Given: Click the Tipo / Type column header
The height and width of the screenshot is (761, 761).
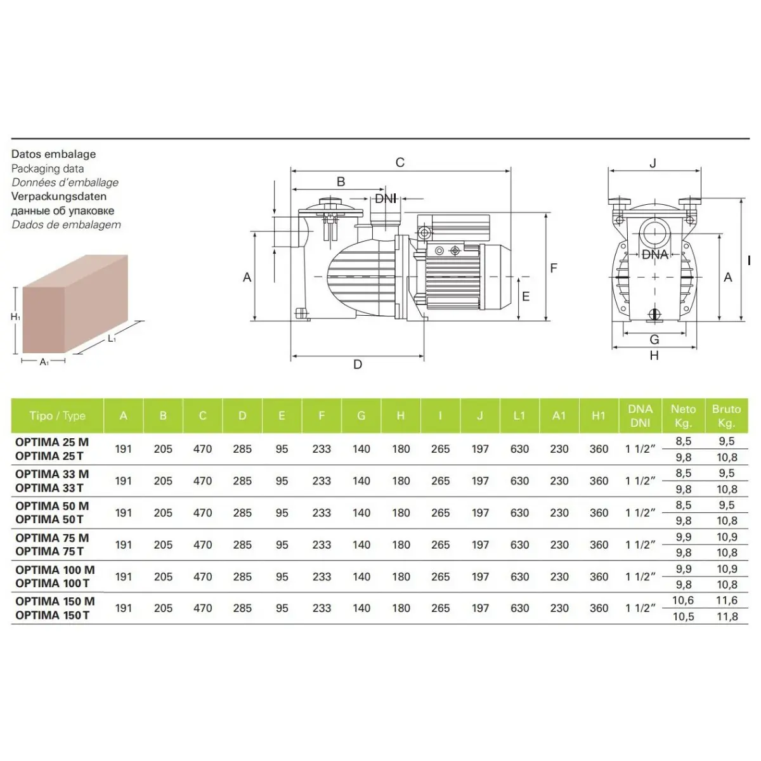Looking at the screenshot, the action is tap(57, 415).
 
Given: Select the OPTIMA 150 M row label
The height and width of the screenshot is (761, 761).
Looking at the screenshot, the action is tap(55, 601).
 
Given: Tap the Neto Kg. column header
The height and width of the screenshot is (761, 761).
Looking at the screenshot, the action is tap(683, 415).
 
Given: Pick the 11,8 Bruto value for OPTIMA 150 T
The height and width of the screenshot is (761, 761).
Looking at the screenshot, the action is tap(727, 616).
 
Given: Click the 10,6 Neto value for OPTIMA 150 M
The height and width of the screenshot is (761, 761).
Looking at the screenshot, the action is tap(683, 601).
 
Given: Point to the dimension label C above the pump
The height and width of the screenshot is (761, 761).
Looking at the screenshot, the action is tap(400, 162).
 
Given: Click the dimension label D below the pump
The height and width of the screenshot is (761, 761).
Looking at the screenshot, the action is tap(358, 364).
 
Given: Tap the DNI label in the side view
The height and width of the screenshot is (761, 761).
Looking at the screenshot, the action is tap(385, 198).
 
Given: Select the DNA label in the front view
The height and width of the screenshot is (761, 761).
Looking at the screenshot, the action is tap(654, 254).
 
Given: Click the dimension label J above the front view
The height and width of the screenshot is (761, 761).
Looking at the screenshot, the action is tap(653, 163).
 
